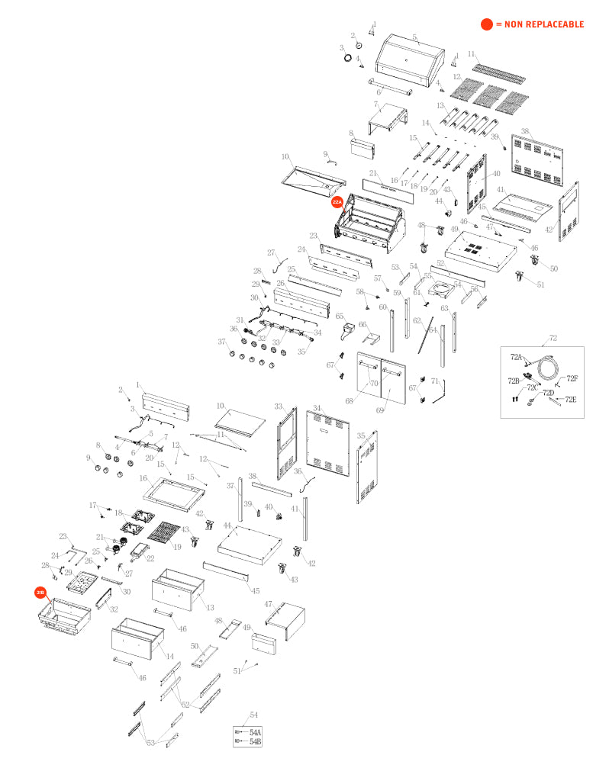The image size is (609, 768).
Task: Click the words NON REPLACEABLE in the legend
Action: [544, 24]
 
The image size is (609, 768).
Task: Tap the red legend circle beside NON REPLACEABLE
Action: [486, 24]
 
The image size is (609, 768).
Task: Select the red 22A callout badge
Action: [337, 202]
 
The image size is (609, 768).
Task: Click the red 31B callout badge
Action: [40, 592]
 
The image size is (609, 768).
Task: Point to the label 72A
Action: [516, 356]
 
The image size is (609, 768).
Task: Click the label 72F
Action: [572, 378]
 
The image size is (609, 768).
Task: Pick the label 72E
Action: [571, 399]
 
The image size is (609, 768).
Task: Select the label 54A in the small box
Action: [255, 732]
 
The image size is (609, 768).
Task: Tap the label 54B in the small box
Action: [255, 741]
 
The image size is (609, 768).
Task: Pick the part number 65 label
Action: [340, 316]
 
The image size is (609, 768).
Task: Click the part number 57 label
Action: [377, 278]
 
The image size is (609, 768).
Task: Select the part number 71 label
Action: [434, 380]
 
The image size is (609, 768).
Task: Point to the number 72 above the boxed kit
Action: [553, 337]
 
